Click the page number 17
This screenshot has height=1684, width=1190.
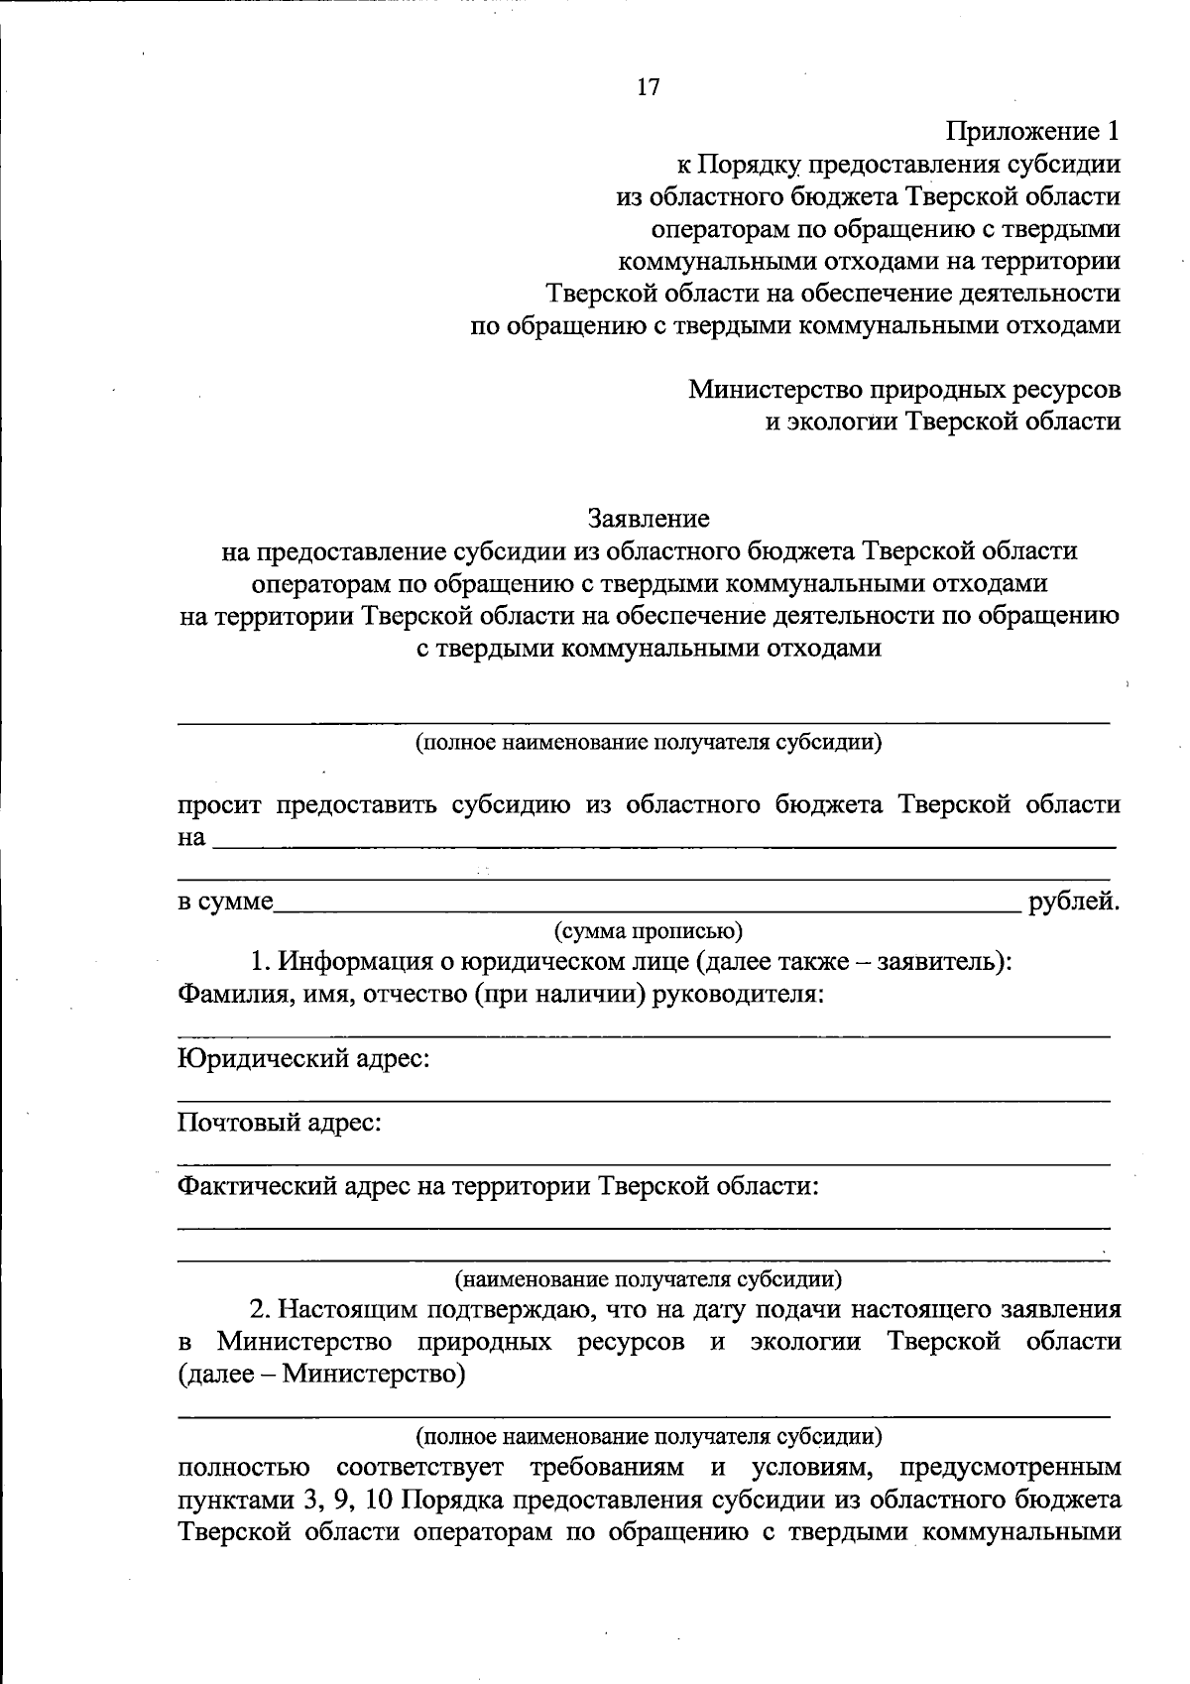pyautogui.click(x=648, y=87)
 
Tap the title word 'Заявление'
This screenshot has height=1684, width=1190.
pyautogui.click(x=649, y=519)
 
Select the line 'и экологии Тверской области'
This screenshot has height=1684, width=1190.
pyautogui.click(x=942, y=421)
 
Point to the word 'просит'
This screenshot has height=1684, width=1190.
pyautogui.click(x=219, y=804)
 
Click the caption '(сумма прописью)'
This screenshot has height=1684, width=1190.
pyautogui.click(x=648, y=931)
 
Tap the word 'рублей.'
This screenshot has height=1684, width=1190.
pyautogui.click(x=1074, y=902)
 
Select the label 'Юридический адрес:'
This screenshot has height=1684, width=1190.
pyautogui.click(x=303, y=1059)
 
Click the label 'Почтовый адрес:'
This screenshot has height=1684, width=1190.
pyautogui.click(x=280, y=1123)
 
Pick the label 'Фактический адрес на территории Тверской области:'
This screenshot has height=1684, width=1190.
pyautogui.click(x=498, y=1186)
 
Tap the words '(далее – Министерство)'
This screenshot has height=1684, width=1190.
pyautogui.click(x=321, y=1375)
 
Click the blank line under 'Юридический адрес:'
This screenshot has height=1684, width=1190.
pyautogui.click(x=644, y=1099)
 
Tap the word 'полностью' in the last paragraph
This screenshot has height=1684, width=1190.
pyautogui.click(x=243, y=1467)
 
